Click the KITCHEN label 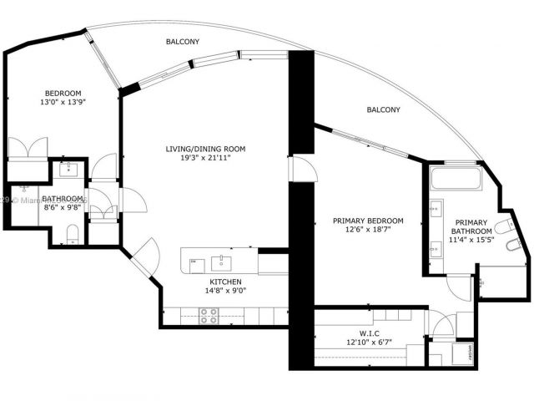coord(225,282)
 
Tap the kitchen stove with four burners coord(209,316)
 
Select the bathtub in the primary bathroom coord(456,178)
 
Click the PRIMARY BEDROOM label coord(368,221)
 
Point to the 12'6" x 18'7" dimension coord(368,231)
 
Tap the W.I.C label coord(368,332)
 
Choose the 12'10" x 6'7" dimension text coord(368,343)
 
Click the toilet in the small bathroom coord(73,231)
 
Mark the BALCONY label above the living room coord(182,41)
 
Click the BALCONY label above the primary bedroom coord(384,110)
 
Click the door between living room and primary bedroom coord(302,171)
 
